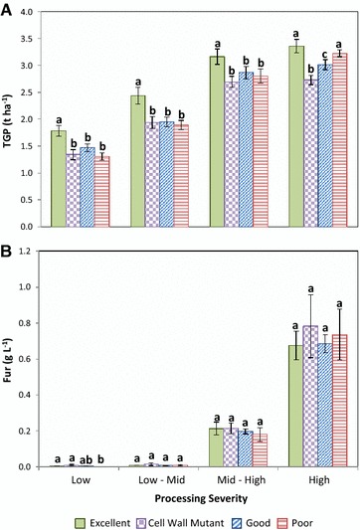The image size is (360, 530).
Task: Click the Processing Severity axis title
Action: (199, 494)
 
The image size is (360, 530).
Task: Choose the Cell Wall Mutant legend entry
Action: (180, 518)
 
